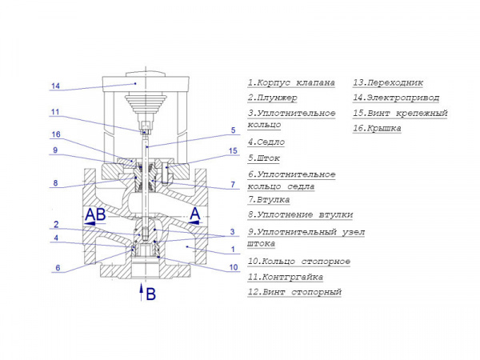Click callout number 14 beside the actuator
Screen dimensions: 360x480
pyautogui.click(x=55, y=86)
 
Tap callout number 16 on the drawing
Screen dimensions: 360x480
pyautogui.click(x=55, y=134)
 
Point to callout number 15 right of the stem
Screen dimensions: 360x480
pyautogui.click(x=233, y=150)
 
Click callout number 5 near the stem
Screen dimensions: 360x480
pyautogui.click(x=233, y=130)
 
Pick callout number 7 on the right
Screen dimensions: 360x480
pyautogui.click(x=233, y=185)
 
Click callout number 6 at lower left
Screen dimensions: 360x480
pyautogui.click(x=56, y=268)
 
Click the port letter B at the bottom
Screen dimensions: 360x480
pyautogui.click(x=150, y=294)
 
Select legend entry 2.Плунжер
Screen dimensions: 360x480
pyautogui.click(x=272, y=98)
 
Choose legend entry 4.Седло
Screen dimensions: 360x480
pyautogui.click(x=266, y=142)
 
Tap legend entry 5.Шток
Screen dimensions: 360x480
pyautogui.click(x=263, y=158)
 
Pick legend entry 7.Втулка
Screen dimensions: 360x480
pyautogui.click(x=268, y=199)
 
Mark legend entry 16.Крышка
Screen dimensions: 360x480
pyautogui.click(x=377, y=128)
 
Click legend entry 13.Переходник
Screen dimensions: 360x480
pyautogui.click(x=387, y=82)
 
